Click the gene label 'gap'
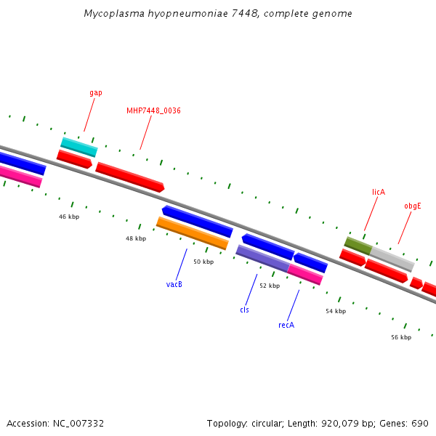pos(96,93)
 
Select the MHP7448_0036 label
pos(153,110)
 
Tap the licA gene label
pos(379,192)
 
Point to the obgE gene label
pos(413,206)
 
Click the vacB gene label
pos(174,284)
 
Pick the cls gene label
pos(245,310)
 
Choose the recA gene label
pos(286,325)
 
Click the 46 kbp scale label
pos(69,217)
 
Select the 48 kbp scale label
pos(136,238)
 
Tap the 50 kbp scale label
pos(203,262)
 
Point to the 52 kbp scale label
pos(270,286)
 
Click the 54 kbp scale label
pos(336,311)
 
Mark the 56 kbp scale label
pos(401,337)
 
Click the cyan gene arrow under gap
pos(78,147)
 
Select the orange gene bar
pos(193,233)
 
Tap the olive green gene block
pos(358,246)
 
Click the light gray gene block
pos(392,259)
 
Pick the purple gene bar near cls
pos(262,259)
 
